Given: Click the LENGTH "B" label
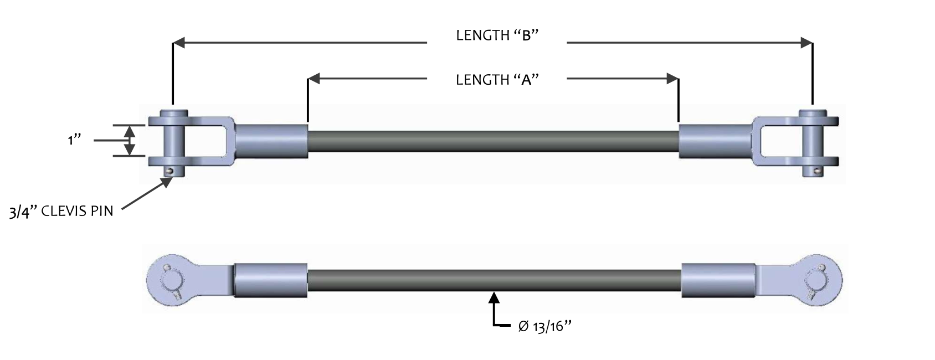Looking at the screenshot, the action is [497, 35].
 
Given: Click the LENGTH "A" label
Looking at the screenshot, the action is [497, 79].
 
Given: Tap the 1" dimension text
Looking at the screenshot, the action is [74, 140].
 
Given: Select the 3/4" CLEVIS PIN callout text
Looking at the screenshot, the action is [61, 212].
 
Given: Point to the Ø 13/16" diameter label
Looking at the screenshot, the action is [544, 326].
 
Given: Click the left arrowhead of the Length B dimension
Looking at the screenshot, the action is [179, 43].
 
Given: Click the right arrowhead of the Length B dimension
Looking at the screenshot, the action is [806, 43].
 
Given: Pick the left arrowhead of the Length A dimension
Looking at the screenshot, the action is [314, 79].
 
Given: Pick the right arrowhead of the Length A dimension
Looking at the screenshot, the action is [672, 79].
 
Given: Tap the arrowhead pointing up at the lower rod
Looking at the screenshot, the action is [494, 297].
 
